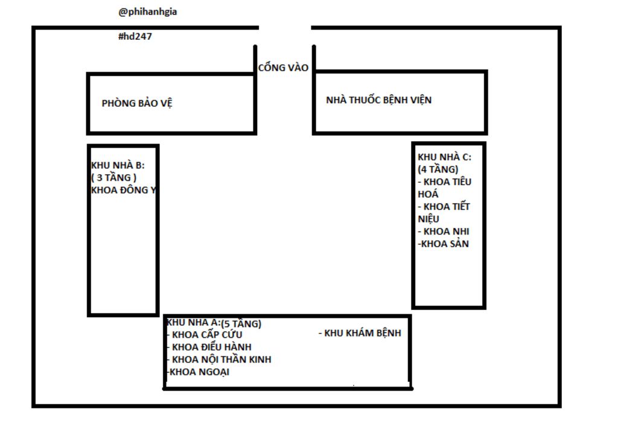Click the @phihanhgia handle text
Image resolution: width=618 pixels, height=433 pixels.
coord(147,12)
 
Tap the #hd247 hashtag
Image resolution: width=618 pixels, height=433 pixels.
coord(135,36)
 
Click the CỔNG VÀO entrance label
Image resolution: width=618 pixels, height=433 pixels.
coord(283,68)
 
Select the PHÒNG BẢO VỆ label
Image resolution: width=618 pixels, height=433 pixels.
coord(137,103)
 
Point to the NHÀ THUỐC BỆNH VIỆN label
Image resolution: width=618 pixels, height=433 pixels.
coord(379,100)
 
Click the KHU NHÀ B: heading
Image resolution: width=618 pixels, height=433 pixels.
coord(118,165)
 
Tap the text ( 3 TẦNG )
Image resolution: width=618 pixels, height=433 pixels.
coord(114,178)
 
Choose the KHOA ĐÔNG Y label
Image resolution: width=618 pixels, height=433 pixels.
coord(124,190)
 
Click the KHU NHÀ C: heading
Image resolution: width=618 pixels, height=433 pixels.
coord(444,157)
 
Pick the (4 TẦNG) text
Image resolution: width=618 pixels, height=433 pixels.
coord(438,169)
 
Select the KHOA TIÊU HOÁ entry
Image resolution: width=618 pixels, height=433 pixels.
coord(445,188)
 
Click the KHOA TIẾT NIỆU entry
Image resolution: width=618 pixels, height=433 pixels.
coord(444,213)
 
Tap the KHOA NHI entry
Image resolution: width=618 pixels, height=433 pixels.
coord(444,231)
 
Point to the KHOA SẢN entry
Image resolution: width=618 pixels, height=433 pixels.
coord(444,244)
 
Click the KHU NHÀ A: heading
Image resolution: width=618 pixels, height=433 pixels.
coord(193,322)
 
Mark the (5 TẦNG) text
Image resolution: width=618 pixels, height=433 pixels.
coord(241,323)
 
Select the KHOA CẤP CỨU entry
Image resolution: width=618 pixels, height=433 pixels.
coord(205,335)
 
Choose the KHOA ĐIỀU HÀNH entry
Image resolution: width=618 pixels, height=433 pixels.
coord(209,347)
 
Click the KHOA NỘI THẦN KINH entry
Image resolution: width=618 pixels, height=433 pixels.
coord(219,359)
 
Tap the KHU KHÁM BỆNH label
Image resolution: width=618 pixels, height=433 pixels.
coord(360,333)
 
